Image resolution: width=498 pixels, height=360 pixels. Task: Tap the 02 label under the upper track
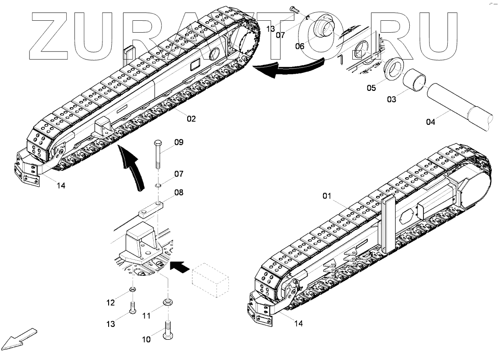pos(191,119)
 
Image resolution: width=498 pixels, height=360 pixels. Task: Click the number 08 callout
pos(179,192)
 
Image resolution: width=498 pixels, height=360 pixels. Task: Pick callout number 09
pos(179,142)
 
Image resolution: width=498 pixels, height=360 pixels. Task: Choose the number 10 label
pos(146,339)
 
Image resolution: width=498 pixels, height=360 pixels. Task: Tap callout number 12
pos(110,303)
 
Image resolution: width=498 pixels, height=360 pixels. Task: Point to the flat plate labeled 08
pos(150,209)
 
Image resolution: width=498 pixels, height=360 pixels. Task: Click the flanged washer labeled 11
pos(168,302)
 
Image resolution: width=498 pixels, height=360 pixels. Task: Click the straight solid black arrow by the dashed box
pos(180,266)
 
